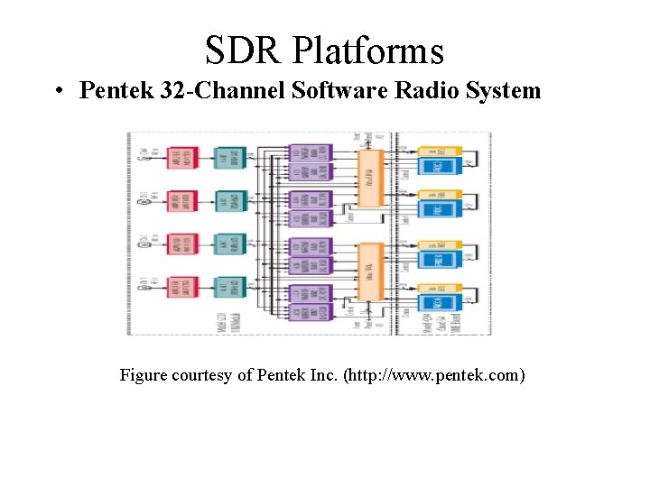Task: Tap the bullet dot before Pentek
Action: [58, 91]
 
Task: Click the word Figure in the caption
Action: [144, 374]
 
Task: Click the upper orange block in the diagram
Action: [370, 179]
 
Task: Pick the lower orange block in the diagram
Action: [370, 271]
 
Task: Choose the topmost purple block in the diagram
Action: [310, 152]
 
